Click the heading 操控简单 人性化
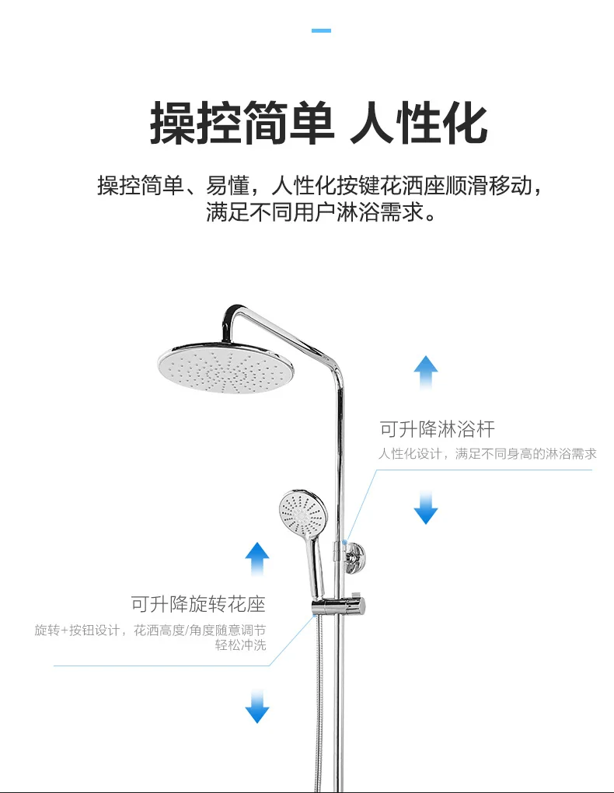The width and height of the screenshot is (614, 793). point(319,123)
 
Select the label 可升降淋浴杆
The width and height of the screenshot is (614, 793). point(437,428)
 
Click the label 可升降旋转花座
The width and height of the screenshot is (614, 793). point(198,603)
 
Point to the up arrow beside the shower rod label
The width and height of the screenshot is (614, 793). point(425,372)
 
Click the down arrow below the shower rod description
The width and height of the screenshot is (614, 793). point(425,507)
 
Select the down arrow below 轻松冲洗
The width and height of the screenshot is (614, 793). point(256,706)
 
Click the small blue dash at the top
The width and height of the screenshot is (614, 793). point(321,30)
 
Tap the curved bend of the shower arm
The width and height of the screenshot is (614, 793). point(233,313)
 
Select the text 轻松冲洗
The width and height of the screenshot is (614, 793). point(240,645)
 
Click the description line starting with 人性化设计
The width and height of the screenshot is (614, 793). point(487,454)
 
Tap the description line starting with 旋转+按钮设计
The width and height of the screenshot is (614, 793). point(150,630)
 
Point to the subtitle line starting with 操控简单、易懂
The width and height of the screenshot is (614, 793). point(319,187)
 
